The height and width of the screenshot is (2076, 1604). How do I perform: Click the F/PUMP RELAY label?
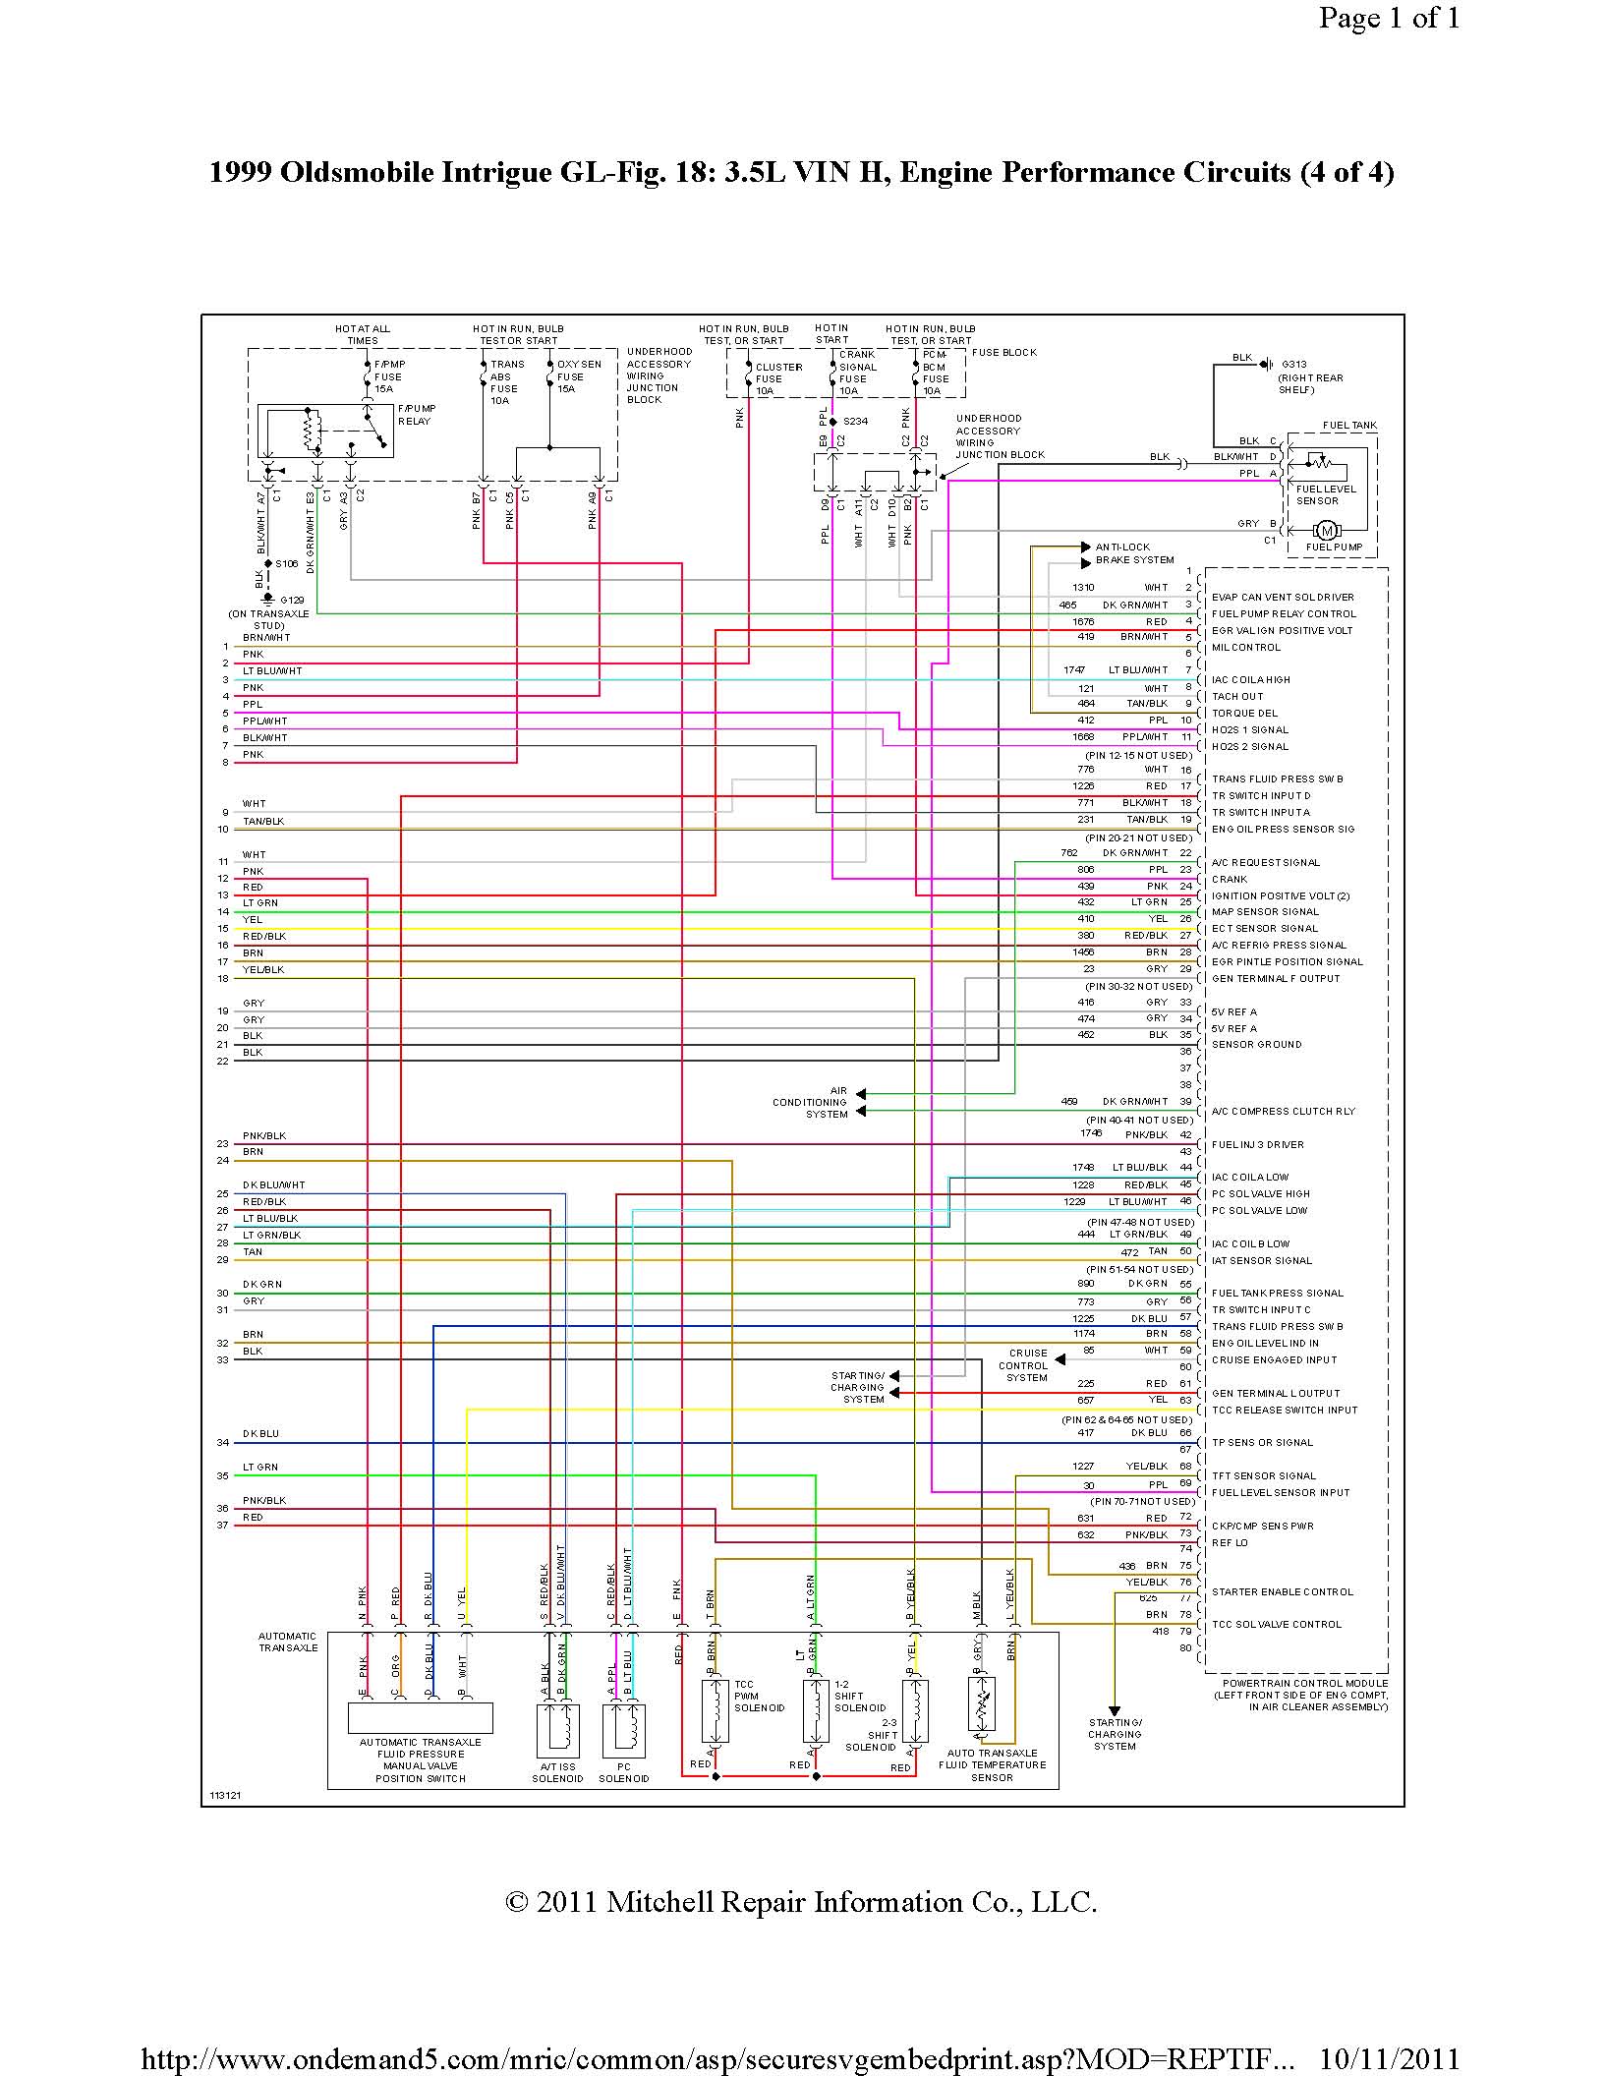(x=416, y=415)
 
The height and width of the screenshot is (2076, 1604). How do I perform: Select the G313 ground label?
(x=1293, y=365)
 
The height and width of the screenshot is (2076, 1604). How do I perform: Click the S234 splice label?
(x=854, y=421)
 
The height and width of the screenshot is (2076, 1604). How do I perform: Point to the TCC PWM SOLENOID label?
(x=759, y=1696)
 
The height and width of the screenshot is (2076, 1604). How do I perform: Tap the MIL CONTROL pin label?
(x=1245, y=648)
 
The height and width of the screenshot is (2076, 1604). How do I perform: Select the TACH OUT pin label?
(x=1237, y=697)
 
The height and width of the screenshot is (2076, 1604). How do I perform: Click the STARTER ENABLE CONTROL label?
(x=1282, y=1591)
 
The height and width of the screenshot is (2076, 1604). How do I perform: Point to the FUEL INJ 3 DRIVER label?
(x=1257, y=1145)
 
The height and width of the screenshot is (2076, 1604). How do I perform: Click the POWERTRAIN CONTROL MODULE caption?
(x=1299, y=1695)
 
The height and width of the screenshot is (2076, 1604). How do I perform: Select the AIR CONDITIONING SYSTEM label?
(x=810, y=1103)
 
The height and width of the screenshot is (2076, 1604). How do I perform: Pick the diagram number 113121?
(x=225, y=1796)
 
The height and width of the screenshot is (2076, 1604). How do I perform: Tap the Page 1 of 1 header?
(x=1389, y=18)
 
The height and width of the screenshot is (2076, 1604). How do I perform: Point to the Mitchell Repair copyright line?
(x=801, y=1902)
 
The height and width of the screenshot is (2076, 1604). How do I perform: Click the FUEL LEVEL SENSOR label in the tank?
(x=1325, y=494)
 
